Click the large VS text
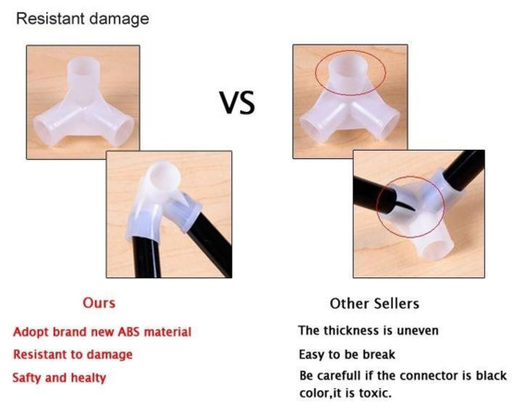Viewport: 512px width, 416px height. [x=238, y=103]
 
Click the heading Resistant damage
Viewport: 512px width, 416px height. [x=82, y=18]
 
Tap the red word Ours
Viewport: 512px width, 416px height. [x=99, y=303]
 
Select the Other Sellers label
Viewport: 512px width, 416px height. [x=374, y=303]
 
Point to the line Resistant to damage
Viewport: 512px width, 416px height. [x=73, y=355]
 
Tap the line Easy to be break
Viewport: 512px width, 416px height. [x=347, y=355]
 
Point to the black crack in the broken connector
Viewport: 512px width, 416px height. [x=405, y=205]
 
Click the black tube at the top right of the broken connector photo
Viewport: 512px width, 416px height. [x=464, y=170]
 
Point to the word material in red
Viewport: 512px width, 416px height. [x=167, y=332]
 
